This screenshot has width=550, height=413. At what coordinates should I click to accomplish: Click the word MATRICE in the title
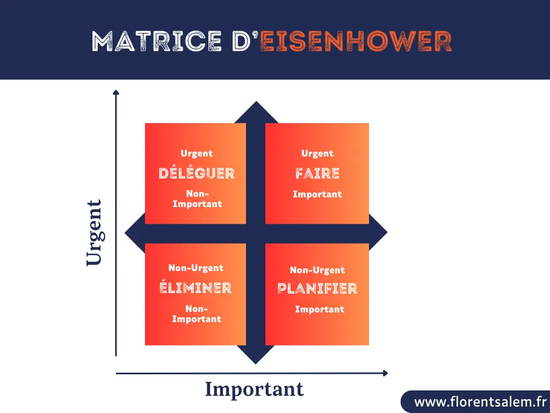click(x=156, y=41)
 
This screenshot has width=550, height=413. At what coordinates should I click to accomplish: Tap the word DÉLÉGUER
click(x=197, y=173)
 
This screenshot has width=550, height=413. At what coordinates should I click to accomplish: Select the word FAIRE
click(x=317, y=173)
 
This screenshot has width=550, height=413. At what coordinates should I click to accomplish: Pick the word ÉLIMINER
click(x=196, y=288)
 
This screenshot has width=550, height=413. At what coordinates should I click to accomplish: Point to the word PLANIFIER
click(x=317, y=289)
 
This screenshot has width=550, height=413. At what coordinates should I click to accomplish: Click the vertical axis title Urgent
click(x=93, y=232)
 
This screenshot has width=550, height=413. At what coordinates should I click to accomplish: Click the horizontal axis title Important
click(x=254, y=389)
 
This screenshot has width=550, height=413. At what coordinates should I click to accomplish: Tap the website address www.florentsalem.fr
click(x=480, y=402)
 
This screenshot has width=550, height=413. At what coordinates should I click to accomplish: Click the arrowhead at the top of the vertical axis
click(x=115, y=92)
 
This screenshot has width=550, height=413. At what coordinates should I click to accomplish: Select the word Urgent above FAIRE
click(x=317, y=154)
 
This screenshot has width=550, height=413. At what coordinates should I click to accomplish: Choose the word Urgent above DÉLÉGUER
click(x=197, y=154)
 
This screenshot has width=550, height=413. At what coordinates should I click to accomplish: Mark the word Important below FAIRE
click(x=317, y=194)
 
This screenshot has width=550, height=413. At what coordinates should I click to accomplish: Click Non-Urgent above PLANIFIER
click(x=317, y=270)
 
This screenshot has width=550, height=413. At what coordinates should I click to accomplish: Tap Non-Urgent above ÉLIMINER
click(x=196, y=268)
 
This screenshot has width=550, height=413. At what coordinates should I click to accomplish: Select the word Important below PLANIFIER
click(x=320, y=309)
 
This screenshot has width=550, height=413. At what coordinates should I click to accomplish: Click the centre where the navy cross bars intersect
click(x=256, y=233)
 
